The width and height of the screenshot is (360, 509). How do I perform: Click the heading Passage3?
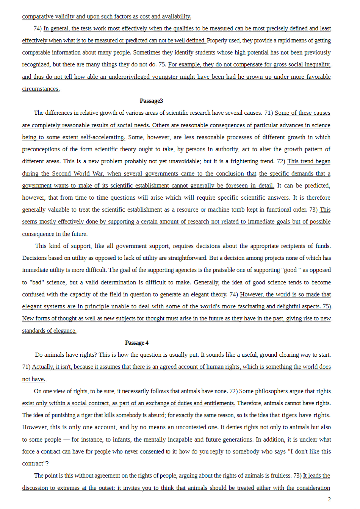[151, 101]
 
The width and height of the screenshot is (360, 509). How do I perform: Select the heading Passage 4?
[137, 343]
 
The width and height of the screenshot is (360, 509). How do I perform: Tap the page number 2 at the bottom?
[329, 499]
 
